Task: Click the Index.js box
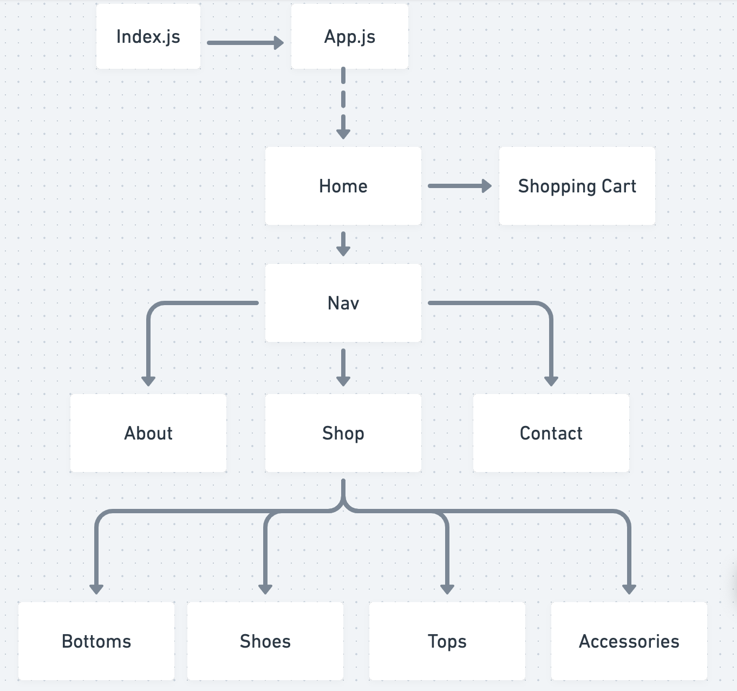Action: point(148,36)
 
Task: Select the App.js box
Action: point(349,36)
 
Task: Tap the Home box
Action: point(343,186)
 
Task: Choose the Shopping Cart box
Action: point(577,186)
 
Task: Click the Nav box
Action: point(343,303)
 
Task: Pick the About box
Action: point(148,433)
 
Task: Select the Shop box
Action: point(343,433)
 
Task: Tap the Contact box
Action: point(551,433)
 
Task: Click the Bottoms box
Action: point(96,641)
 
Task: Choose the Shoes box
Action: point(265,641)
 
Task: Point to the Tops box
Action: point(447,641)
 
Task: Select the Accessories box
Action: point(629,641)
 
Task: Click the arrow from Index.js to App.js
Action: point(245,43)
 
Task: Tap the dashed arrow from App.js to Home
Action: point(343,103)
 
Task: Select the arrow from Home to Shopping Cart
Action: point(459,186)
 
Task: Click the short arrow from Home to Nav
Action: point(343,244)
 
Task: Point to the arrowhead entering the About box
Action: point(148,380)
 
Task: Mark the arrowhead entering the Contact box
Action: point(551,380)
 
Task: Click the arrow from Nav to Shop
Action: point(343,367)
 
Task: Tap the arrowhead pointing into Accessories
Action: point(629,589)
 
